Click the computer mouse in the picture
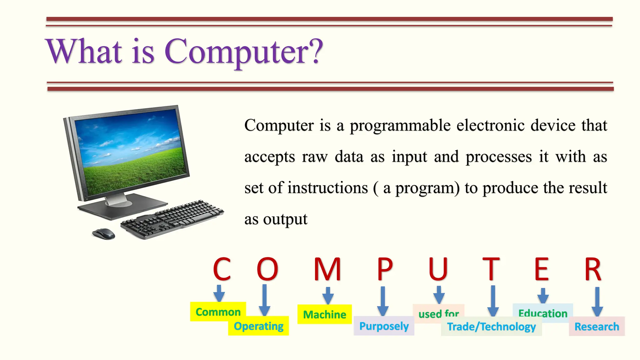point(104,234)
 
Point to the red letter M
point(327,269)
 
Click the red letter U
point(438,269)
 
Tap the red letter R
point(593,269)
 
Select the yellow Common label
point(218,312)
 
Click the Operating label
point(258,326)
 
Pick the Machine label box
point(324,314)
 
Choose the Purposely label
point(384,326)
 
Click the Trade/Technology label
point(491,327)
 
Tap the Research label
point(597,327)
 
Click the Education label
point(543,312)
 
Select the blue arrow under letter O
point(264,300)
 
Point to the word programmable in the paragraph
point(400,126)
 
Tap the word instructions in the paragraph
point(327,188)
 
